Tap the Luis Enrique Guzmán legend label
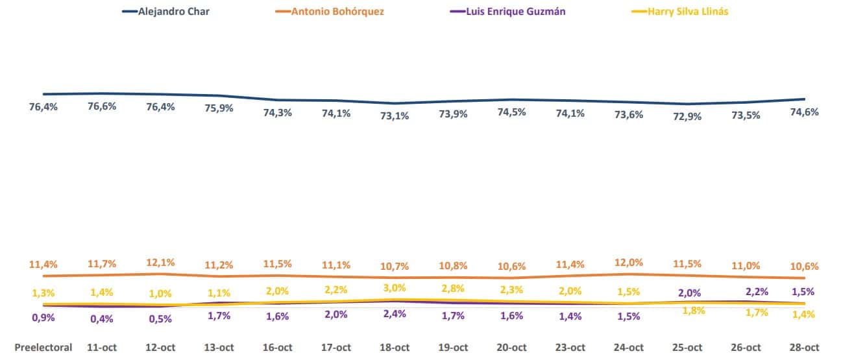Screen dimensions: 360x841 tap(509, 12)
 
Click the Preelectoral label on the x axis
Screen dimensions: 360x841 tap(43, 348)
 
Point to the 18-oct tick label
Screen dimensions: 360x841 tap(395, 348)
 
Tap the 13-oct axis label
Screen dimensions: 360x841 tap(219, 348)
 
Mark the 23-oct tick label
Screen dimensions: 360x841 tap(570, 348)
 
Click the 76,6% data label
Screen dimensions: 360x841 tap(102, 106)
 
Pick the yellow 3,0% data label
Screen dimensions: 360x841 tap(395, 287)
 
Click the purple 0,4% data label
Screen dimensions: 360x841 tap(102, 318)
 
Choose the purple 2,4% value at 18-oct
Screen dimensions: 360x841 tap(395, 314)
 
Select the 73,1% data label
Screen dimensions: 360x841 tap(395, 117)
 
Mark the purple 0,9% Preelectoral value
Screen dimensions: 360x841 tap(43, 318)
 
